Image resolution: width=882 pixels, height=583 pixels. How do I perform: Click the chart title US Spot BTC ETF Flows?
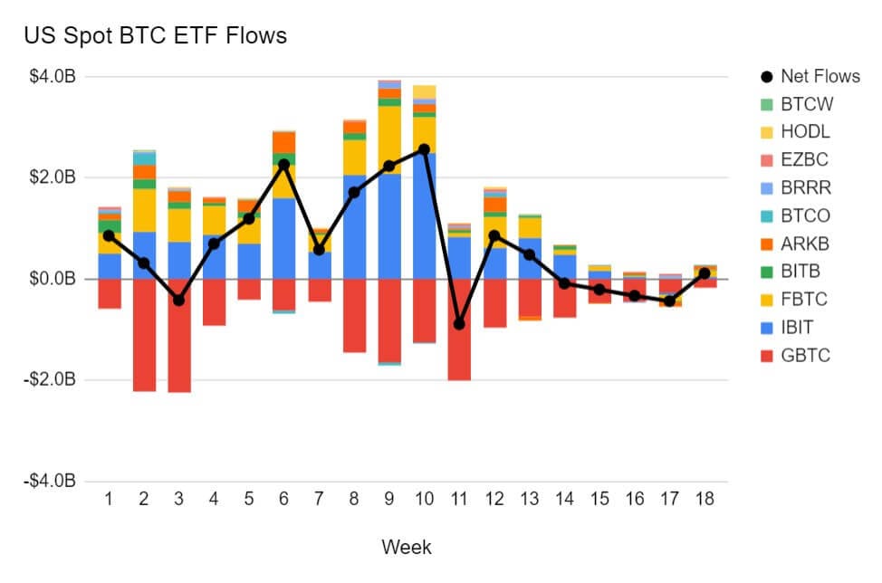pyautogui.click(x=155, y=36)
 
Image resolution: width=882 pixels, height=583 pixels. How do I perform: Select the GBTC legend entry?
pyautogui.click(x=804, y=356)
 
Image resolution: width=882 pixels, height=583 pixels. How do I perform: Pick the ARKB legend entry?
pyautogui.click(x=804, y=244)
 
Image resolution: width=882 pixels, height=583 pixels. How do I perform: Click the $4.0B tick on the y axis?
pyautogui.click(x=53, y=77)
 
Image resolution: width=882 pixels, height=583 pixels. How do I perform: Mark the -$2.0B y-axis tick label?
pyautogui.click(x=50, y=380)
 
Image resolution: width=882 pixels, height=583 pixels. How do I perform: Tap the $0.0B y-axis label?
pyautogui.click(x=53, y=279)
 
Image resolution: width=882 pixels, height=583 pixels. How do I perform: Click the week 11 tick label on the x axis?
pyautogui.click(x=459, y=500)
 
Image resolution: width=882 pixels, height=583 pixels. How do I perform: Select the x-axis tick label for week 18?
pyautogui.click(x=704, y=500)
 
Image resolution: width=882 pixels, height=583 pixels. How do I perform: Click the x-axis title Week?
pyautogui.click(x=406, y=547)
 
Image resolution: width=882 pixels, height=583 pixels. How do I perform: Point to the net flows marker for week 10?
pyautogui.click(x=424, y=148)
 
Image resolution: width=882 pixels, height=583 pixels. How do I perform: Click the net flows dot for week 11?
pyautogui.click(x=459, y=323)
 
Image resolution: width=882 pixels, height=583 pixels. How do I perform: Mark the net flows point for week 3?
pyautogui.click(x=179, y=300)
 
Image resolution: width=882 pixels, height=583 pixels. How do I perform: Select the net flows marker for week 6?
pyautogui.click(x=284, y=164)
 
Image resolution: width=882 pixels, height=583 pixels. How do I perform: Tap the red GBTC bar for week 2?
pyautogui.click(x=144, y=335)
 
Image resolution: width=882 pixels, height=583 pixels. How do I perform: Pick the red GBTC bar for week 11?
pyautogui.click(x=459, y=330)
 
